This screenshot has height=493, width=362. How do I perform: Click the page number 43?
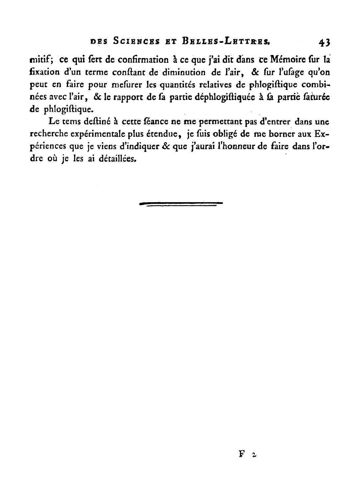coord(324,42)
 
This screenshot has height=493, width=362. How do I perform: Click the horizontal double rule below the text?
coord(181,204)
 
